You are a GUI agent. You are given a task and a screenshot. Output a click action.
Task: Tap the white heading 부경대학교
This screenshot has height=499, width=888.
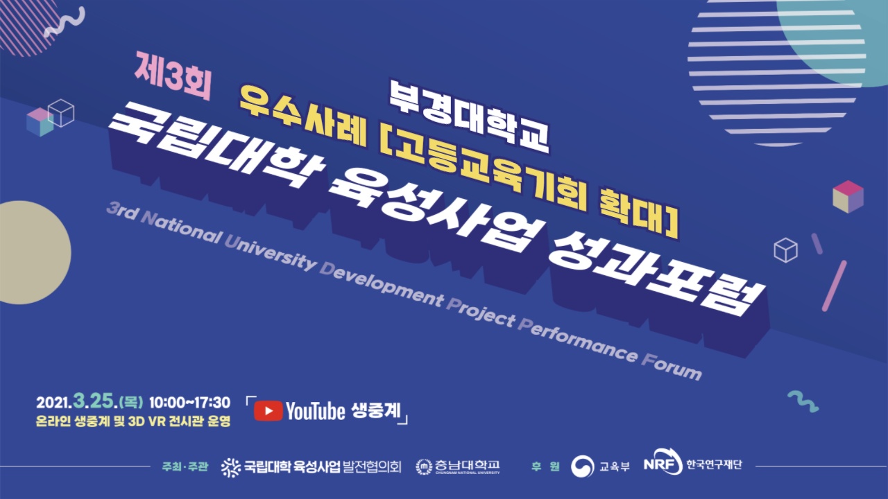[x=470, y=116]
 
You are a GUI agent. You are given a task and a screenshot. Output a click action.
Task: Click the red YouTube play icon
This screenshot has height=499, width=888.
[x=268, y=411]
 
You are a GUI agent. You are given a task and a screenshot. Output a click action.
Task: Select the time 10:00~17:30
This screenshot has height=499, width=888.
[x=189, y=403]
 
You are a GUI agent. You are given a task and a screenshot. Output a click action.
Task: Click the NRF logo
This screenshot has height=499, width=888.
[x=663, y=462]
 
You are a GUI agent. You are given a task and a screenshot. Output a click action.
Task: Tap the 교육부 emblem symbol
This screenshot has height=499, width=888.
[x=582, y=466]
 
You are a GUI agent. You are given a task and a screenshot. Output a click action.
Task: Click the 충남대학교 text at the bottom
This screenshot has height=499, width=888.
[x=467, y=465]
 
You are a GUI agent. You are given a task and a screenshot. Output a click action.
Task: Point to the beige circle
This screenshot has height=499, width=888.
[x=35, y=252]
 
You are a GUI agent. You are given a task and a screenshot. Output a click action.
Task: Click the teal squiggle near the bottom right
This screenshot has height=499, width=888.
[x=803, y=401]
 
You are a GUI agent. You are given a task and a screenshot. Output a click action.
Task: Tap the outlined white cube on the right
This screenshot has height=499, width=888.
[x=785, y=250]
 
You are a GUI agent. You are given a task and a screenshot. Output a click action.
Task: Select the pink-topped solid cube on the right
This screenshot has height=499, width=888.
[x=848, y=196]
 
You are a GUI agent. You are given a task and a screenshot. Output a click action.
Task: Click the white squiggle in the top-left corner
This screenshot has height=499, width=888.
[x=65, y=21]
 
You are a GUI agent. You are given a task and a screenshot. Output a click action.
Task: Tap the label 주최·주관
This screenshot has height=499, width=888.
[x=185, y=466]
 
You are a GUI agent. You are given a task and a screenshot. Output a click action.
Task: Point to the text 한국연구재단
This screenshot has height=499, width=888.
[x=714, y=464]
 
